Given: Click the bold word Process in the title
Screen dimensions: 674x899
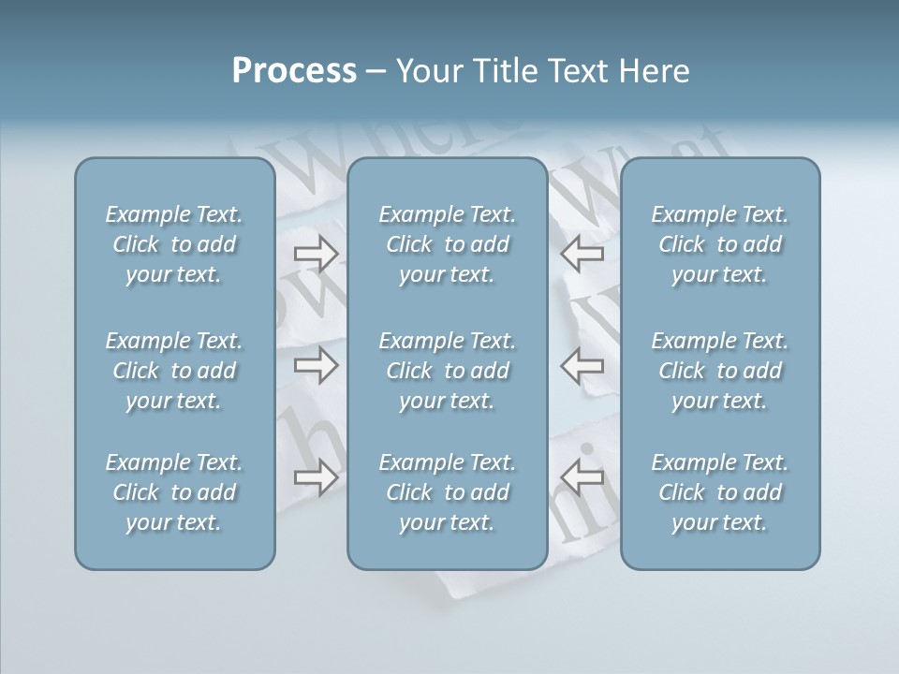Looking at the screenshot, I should click(294, 71).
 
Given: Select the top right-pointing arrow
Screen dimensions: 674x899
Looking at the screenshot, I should click(316, 253).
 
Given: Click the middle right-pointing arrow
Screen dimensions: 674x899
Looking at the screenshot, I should click(316, 365).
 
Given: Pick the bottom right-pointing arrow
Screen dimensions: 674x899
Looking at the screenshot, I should click(316, 477).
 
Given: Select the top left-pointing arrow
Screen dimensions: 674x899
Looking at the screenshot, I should click(582, 253).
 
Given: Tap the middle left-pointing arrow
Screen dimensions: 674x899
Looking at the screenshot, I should click(582, 365).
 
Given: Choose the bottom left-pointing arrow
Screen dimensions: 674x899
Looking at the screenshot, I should click(582, 477).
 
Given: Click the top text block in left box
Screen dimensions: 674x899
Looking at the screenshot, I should click(174, 244).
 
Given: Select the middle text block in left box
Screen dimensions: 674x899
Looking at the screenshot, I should click(174, 371).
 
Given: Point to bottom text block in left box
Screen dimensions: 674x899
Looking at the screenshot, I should click(174, 492).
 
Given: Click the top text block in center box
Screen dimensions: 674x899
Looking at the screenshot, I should click(448, 244).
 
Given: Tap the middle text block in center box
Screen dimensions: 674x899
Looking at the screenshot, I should click(448, 371).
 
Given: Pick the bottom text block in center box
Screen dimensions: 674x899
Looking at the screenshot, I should click(448, 492).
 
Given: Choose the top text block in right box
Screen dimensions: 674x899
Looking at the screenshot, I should click(720, 244).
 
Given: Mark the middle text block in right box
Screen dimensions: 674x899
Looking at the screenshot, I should click(720, 371).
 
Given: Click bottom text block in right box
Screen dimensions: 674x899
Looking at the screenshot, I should click(720, 492).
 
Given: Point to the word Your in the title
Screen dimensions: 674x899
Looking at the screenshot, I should click(426, 71).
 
